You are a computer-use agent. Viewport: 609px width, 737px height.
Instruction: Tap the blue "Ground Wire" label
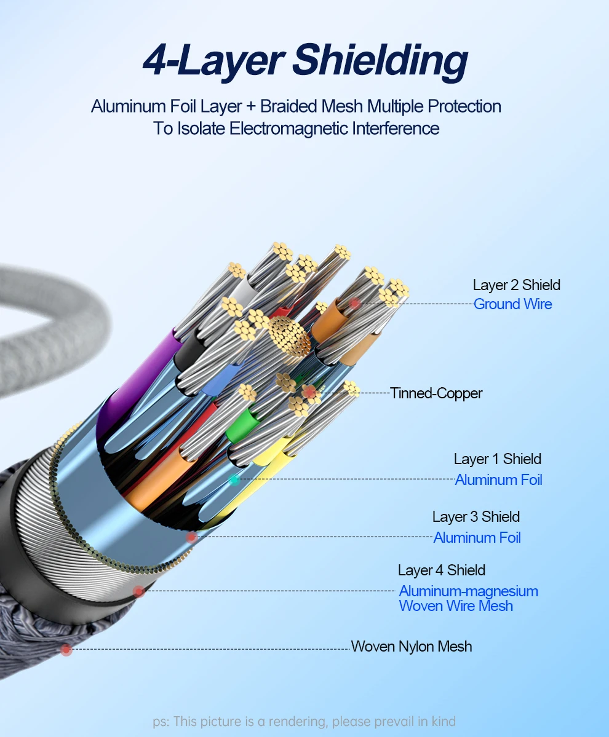pyautogui.click(x=512, y=304)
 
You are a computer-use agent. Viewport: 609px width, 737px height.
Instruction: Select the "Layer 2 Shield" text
pyautogui.click(x=516, y=285)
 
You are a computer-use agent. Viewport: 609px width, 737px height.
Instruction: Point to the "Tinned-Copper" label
pyautogui.click(x=436, y=393)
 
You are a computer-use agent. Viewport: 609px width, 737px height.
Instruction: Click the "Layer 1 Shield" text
pyautogui.click(x=497, y=459)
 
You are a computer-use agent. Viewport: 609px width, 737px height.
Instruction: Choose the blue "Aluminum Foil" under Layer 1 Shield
pyautogui.click(x=498, y=479)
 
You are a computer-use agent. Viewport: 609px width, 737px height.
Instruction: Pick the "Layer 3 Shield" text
pyautogui.click(x=476, y=516)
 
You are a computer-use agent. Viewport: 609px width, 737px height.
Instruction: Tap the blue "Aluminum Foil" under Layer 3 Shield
pyautogui.click(x=477, y=537)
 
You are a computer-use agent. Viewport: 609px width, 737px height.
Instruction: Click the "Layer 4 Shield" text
pyautogui.click(x=441, y=570)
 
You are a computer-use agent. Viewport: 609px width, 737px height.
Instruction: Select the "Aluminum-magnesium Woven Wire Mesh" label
pyautogui.click(x=468, y=598)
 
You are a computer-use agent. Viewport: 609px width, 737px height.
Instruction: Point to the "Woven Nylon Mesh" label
pyautogui.click(x=411, y=646)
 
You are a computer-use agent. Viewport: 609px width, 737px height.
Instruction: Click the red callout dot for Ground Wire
pyautogui.click(x=355, y=304)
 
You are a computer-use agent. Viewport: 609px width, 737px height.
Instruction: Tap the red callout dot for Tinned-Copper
pyautogui.click(x=311, y=392)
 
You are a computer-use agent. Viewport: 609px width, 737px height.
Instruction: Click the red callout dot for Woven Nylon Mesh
pyautogui.click(x=66, y=649)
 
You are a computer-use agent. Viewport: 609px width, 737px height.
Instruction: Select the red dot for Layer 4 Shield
pyautogui.click(x=139, y=591)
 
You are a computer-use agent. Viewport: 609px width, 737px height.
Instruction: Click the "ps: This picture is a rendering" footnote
pyautogui.click(x=304, y=721)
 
